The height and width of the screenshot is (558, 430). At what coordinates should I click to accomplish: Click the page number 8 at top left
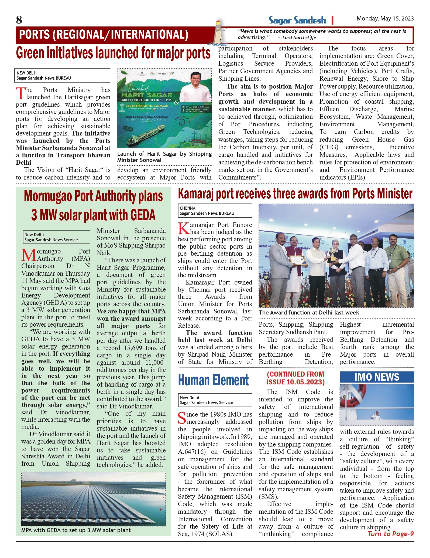click(x=19, y=20)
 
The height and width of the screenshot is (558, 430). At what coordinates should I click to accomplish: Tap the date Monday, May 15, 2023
click(x=385, y=19)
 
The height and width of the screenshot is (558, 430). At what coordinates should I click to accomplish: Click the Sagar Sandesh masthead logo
click(x=297, y=20)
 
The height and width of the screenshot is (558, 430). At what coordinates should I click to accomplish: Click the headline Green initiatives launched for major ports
click(x=113, y=53)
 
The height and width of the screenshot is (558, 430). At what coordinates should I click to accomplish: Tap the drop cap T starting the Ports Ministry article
click(x=20, y=93)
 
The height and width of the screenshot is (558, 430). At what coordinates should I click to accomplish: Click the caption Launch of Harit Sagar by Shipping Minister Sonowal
click(x=164, y=157)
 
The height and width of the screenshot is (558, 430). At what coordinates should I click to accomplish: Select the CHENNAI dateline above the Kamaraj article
click(x=188, y=208)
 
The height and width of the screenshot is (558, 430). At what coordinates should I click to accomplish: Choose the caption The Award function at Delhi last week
click(x=309, y=313)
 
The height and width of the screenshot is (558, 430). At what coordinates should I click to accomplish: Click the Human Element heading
click(x=213, y=380)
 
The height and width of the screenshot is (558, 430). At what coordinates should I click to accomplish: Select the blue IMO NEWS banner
click(x=377, y=377)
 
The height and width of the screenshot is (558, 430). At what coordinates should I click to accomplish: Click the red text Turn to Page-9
click(x=390, y=534)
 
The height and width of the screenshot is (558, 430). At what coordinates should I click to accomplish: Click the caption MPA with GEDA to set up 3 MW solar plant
click(x=76, y=530)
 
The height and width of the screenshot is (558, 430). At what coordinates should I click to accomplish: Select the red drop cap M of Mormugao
click(x=29, y=255)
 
